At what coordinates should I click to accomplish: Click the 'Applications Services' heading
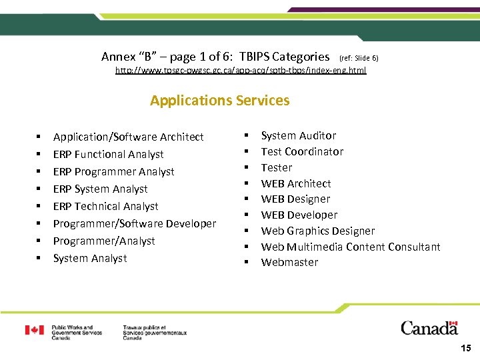[219, 101]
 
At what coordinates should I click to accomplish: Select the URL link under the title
[241, 70]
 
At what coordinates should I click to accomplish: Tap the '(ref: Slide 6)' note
[359, 58]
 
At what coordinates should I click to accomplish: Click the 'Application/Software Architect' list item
[128, 137]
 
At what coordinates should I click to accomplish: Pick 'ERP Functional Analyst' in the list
[108, 154]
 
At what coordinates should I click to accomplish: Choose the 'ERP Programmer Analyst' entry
[113, 171]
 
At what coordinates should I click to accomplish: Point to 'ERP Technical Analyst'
[105, 206]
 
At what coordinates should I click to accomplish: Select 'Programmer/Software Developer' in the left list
[135, 223]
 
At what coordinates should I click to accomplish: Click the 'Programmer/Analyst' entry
[103, 241]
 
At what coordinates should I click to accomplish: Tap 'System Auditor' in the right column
[298, 135]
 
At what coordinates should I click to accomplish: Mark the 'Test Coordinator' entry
[302, 151]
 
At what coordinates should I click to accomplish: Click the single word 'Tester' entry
[276, 167]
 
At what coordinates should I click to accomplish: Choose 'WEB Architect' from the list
[295, 183]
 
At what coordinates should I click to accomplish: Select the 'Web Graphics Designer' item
[317, 231]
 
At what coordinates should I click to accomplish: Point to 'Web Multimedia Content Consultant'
[350, 247]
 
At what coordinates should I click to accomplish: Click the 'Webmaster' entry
[289, 262]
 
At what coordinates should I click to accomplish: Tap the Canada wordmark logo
[429, 328]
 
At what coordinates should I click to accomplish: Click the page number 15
[465, 348]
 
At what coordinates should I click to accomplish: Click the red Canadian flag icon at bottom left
[35, 330]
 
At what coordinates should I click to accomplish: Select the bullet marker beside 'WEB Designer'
[246, 199]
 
